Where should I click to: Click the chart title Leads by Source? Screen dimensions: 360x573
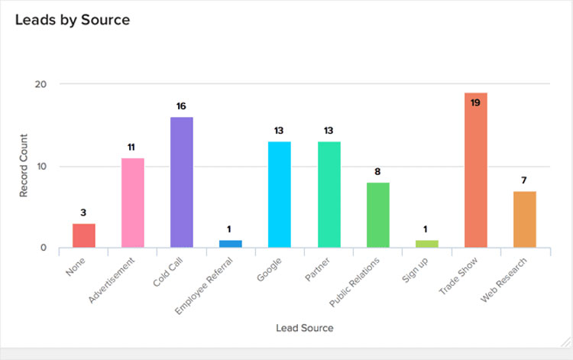[73, 21]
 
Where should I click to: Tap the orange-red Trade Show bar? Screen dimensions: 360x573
[475, 170]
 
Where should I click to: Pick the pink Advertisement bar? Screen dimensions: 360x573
[133, 203]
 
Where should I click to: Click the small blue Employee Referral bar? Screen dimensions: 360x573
[230, 244]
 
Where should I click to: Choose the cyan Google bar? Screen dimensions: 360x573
[279, 194]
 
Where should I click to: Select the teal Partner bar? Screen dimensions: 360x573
[329, 194]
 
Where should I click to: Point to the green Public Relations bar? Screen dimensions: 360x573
[377, 215]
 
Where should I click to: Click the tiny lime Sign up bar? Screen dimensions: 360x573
[426, 244]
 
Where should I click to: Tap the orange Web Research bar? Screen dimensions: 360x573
[524, 219]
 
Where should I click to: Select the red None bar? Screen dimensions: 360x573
[84, 235]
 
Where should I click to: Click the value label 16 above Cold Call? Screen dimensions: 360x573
[181, 106]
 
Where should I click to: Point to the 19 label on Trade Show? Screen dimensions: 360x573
[475, 102]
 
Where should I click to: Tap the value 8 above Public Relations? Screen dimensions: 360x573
[377, 171]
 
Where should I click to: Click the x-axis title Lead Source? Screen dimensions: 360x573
[304, 329]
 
